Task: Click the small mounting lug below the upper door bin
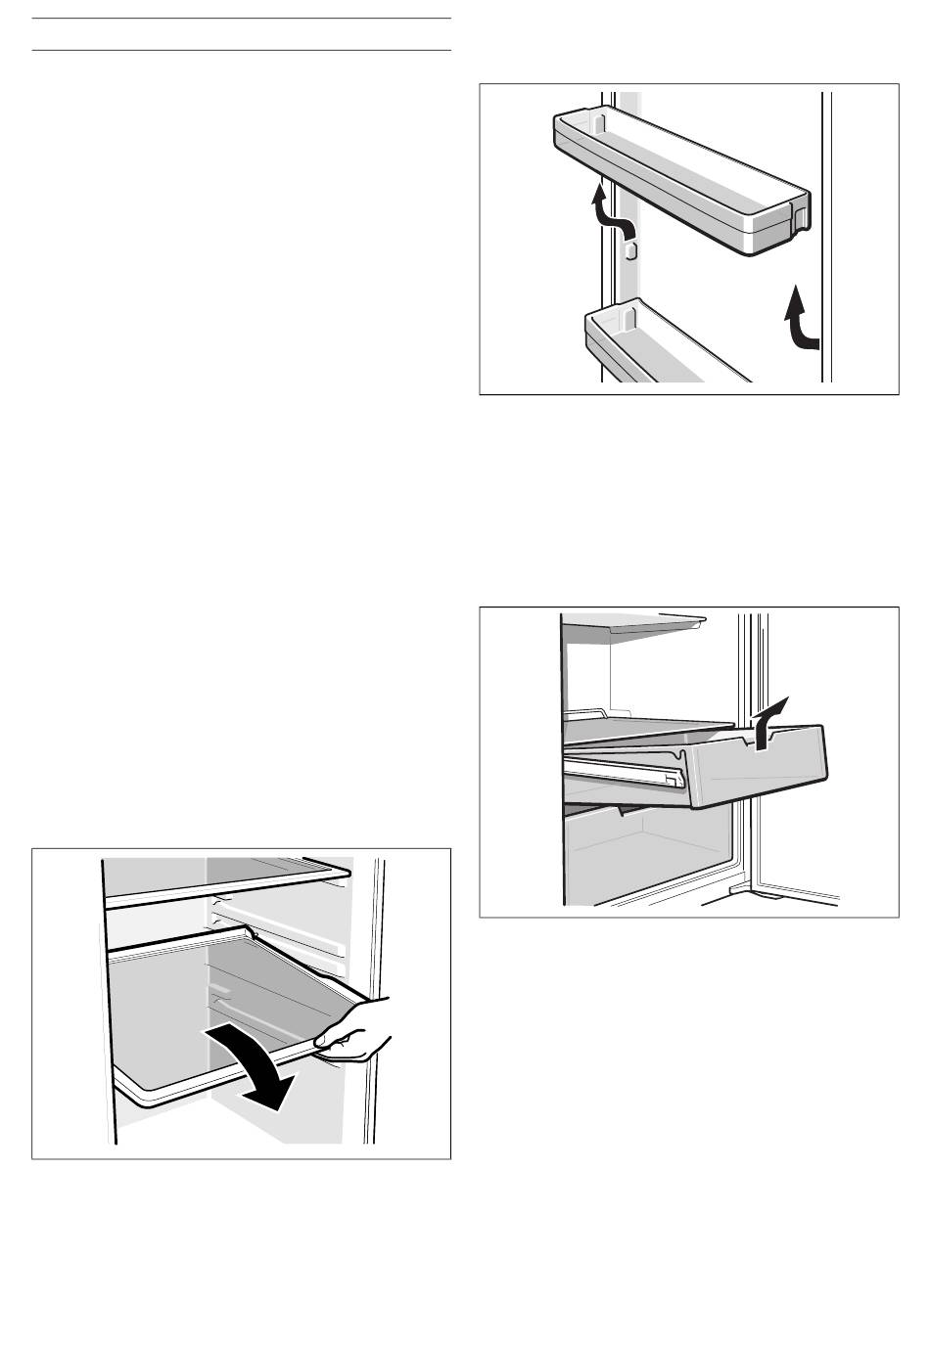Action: [x=631, y=251]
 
